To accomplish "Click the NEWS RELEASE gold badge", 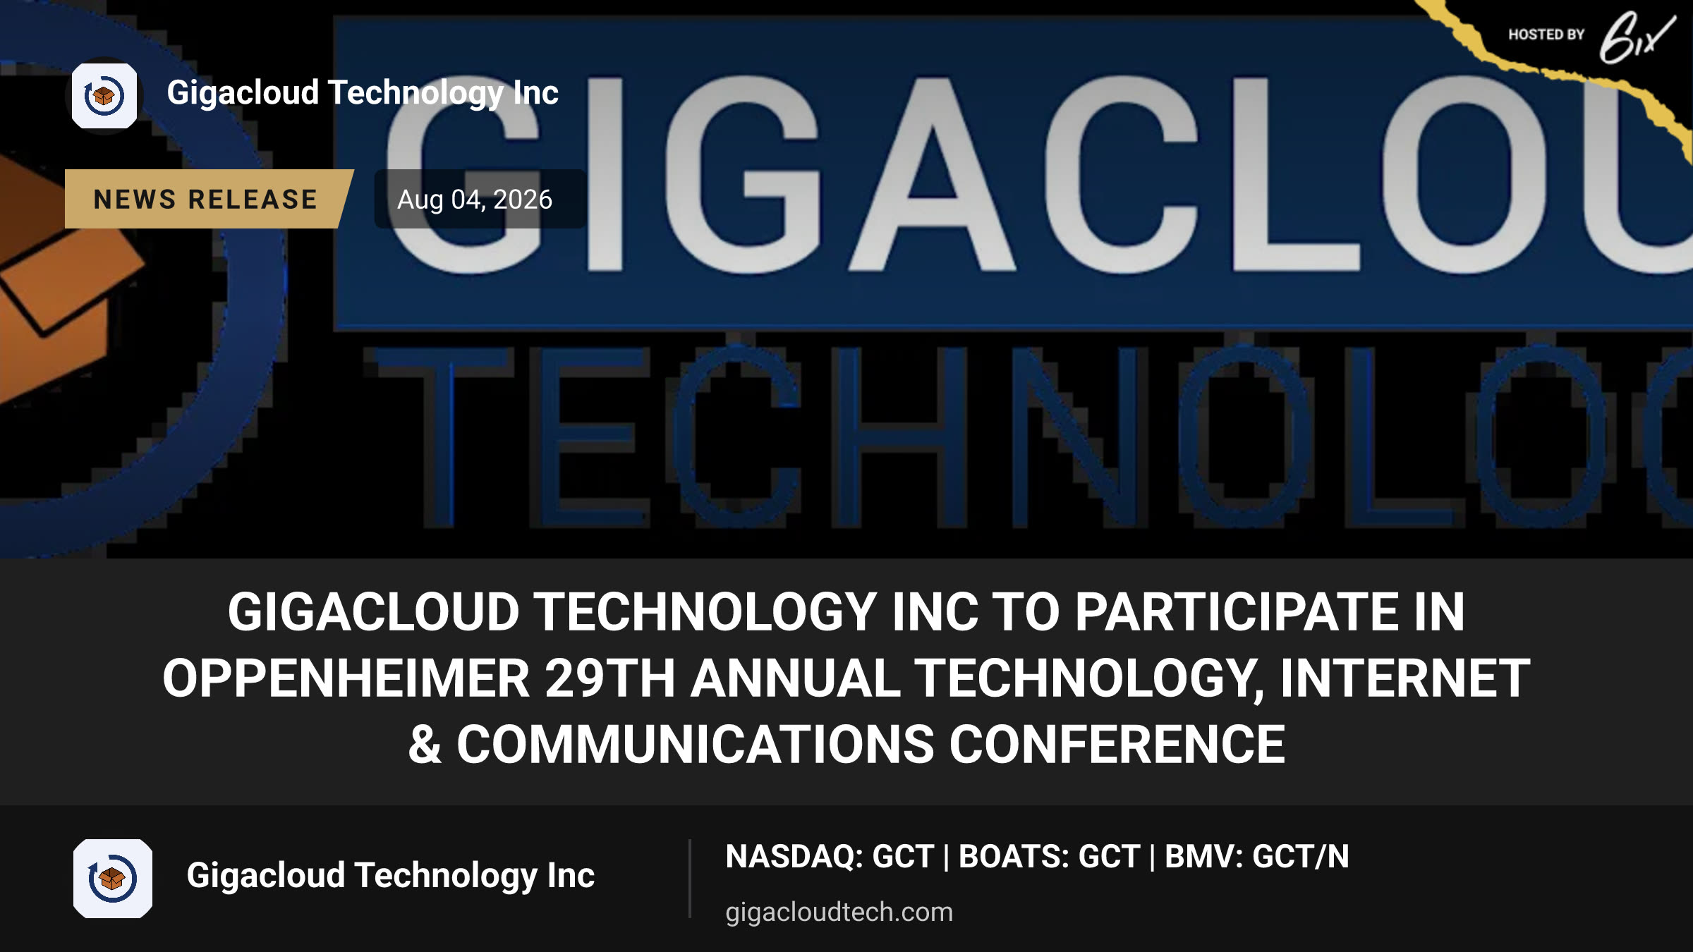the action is [x=208, y=199].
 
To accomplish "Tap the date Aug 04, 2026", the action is [x=475, y=200].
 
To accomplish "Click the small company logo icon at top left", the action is [x=104, y=96].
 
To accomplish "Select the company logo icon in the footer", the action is [x=113, y=879].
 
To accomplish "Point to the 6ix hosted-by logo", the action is [x=1637, y=38].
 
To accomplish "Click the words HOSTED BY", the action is [x=1546, y=35].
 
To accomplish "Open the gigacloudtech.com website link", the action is [x=839, y=912].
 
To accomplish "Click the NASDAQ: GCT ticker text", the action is [x=830, y=857].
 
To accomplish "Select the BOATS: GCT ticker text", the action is [x=1049, y=857].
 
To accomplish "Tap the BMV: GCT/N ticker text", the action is [x=1256, y=857].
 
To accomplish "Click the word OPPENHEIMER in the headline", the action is [x=346, y=678].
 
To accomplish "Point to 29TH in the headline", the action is [x=610, y=678].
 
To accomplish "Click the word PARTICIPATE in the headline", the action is [x=1237, y=611].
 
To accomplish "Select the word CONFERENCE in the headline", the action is [x=1117, y=745].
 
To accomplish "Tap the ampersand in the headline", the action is [x=425, y=745].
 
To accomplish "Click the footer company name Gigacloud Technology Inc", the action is [x=391, y=876].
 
